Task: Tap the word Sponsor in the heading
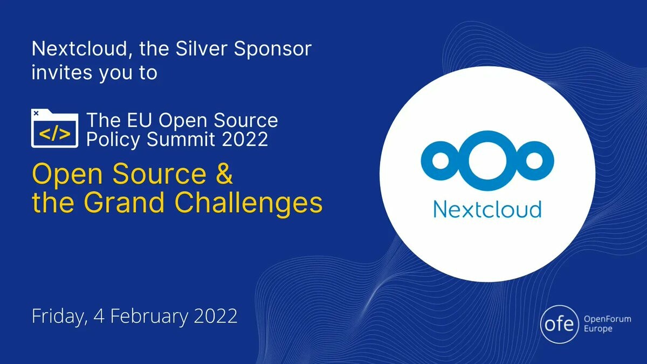pos(273,49)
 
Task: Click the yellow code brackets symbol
pos(55,134)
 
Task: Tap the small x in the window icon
pos(36,113)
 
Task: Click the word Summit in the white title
pos(181,139)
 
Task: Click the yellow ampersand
pos(224,173)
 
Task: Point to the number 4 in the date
pos(99,316)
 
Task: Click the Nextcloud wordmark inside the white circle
pos(487,209)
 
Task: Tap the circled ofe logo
pos(560,324)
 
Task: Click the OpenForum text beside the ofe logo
pos(607,319)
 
